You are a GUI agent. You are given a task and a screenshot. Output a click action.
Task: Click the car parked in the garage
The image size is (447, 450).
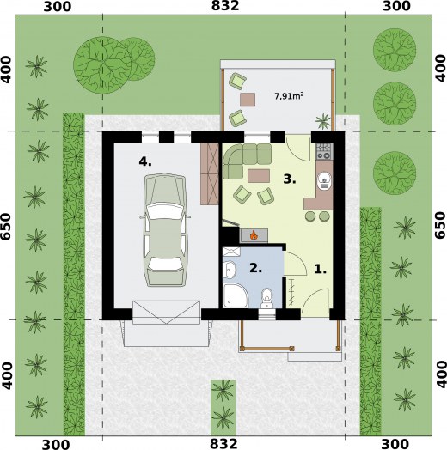pyautogui.click(x=165, y=230)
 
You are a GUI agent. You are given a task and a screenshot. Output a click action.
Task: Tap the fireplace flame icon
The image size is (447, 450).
pyautogui.click(x=254, y=235)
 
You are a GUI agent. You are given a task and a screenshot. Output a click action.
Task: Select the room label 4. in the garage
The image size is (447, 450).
pyautogui.click(x=145, y=162)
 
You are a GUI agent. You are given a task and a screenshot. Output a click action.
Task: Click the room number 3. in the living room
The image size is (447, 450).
pyautogui.click(x=290, y=179)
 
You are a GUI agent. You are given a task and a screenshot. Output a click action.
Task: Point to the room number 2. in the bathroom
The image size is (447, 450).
pyautogui.click(x=255, y=268)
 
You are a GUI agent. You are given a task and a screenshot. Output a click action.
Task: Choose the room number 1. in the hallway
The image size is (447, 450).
pyautogui.click(x=321, y=269)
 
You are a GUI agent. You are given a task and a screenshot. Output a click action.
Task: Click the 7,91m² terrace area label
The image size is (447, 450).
pyautogui.click(x=290, y=96)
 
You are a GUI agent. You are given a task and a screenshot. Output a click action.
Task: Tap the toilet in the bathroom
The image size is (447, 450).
pyautogui.click(x=266, y=299)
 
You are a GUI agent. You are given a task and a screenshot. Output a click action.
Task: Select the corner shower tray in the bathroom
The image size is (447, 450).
pyautogui.click(x=236, y=295)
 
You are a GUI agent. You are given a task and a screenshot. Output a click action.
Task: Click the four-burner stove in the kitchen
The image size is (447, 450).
pyautogui.click(x=324, y=151)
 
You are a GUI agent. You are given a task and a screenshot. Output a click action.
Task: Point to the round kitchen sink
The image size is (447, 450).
pyautogui.click(x=324, y=180)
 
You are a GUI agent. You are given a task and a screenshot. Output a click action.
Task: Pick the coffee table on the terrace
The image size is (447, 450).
pyautogui.click(x=248, y=100)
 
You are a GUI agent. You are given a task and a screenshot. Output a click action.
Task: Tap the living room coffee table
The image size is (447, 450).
pyautogui.click(x=259, y=176)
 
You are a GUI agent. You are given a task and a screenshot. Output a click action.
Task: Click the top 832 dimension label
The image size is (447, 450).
pyautogui.click(x=225, y=6)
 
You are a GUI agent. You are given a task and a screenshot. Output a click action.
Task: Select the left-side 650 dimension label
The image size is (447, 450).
pyautogui.click(x=6, y=227)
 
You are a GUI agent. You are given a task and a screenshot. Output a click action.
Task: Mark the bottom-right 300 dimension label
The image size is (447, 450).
pyautogui.click(x=395, y=444)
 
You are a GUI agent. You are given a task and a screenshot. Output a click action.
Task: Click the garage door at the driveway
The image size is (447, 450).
pyautogui.click(x=166, y=313)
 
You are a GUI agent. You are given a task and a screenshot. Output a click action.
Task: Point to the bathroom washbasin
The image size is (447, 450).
pyautogui.click(x=230, y=270)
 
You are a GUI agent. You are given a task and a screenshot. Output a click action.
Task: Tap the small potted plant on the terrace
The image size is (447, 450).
pyautogui.click(x=323, y=121)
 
